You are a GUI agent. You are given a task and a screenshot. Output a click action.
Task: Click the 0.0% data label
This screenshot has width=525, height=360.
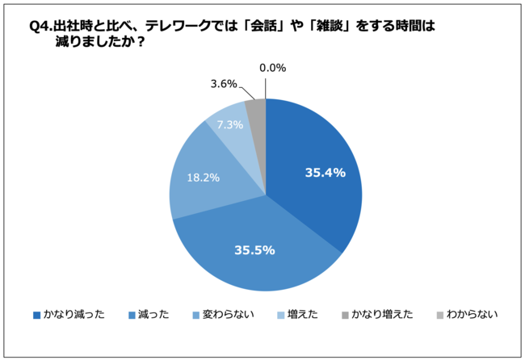(x=273, y=68)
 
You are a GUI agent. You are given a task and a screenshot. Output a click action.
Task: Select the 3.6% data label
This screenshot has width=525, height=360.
(x=224, y=83)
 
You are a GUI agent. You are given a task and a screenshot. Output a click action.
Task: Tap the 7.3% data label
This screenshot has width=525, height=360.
(x=229, y=125)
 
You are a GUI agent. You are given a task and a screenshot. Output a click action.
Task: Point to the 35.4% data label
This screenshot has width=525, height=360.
(x=325, y=172)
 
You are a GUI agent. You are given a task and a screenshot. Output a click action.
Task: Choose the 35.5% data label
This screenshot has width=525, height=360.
(x=254, y=250)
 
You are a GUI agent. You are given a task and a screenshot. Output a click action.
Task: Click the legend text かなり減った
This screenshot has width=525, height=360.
(x=74, y=315)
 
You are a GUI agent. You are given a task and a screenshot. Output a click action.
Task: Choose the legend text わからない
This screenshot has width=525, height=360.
(x=472, y=315)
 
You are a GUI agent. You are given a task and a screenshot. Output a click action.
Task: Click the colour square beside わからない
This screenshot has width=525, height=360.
(x=441, y=315)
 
